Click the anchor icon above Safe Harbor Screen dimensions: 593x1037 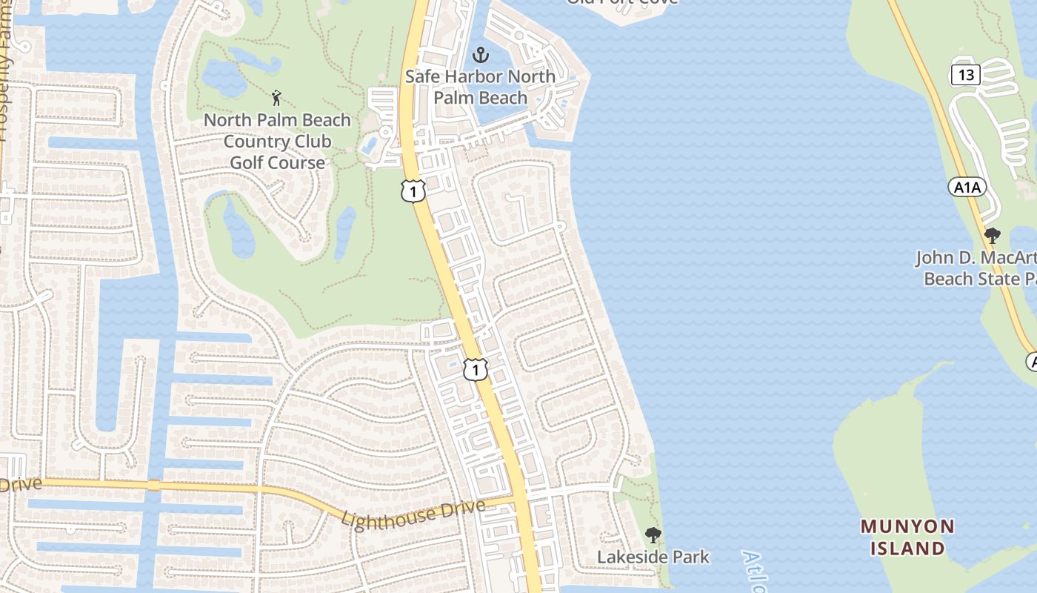[x=481, y=54]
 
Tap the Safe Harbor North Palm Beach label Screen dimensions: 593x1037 [x=480, y=87]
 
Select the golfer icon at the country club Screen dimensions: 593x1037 [x=277, y=97]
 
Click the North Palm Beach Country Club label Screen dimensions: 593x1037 [x=276, y=141]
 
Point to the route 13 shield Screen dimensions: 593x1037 [x=966, y=75]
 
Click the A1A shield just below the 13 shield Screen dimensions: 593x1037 [x=967, y=188]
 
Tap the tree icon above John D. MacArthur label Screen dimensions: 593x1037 [x=993, y=236]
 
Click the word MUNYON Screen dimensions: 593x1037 [x=907, y=527]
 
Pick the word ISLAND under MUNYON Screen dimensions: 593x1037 [x=907, y=549]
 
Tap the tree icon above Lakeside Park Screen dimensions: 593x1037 [x=653, y=534]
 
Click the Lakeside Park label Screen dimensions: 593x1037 [x=653, y=557]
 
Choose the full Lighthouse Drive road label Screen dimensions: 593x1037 [x=413, y=513]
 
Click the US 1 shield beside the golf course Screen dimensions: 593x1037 [x=413, y=191]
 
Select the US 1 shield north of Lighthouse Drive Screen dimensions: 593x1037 [x=475, y=368]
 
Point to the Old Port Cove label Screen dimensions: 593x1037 [x=622, y=2]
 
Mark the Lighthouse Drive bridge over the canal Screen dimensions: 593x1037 [x=153, y=486]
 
